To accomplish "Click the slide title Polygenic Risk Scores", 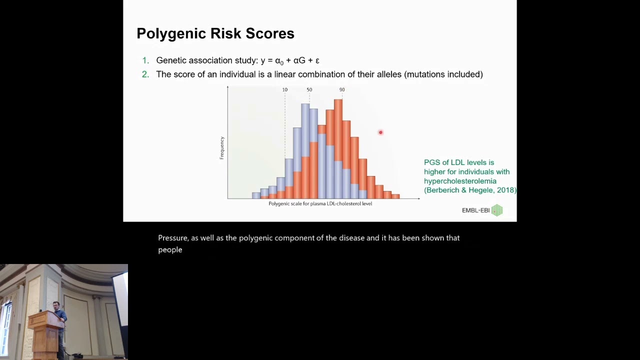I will tap(215, 33).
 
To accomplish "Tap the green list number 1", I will tap(145, 60).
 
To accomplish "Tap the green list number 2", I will tap(145, 74).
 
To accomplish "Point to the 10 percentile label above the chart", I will tap(284, 90).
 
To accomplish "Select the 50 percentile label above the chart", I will tap(309, 90).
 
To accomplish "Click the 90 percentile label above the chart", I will tap(342, 90).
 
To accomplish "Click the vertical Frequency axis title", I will tap(222, 148).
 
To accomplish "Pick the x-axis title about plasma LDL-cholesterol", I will tap(320, 203).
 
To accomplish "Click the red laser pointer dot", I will tap(380, 132).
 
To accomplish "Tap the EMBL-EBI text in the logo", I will tap(475, 210).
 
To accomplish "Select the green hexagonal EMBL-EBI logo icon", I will tap(497, 210).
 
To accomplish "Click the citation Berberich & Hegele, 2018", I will tap(470, 190).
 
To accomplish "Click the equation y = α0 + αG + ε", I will tap(290, 60).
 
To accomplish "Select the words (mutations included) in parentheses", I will tap(443, 74).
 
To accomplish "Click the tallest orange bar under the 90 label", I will tap(338, 130).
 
